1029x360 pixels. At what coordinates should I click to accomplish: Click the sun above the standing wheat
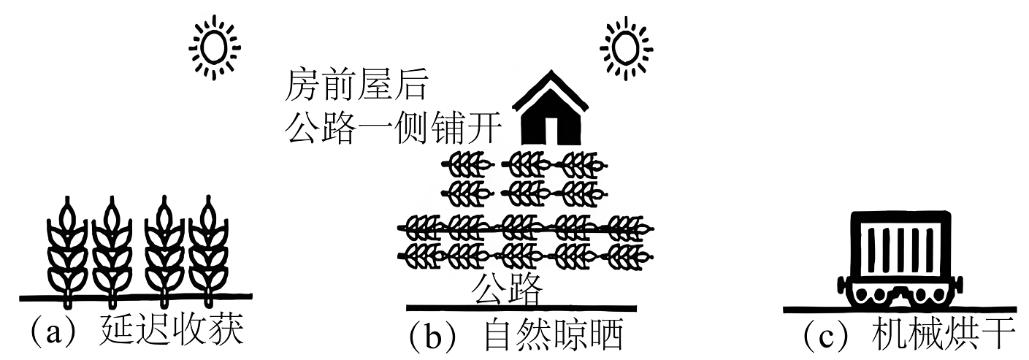(x=215, y=47)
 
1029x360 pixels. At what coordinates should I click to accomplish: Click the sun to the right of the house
(x=626, y=47)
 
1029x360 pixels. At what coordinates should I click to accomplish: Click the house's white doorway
(x=551, y=131)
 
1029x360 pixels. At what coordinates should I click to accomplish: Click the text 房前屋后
(x=356, y=85)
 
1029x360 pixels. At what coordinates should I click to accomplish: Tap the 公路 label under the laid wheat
(x=507, y=288)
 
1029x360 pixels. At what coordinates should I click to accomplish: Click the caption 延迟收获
(x=171, y=330)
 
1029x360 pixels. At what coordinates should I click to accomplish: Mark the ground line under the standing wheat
(x=136, y=297)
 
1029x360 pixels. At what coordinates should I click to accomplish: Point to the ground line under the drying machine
(x=900, y=310)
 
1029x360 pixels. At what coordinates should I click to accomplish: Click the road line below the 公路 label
(x=521, y=307)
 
